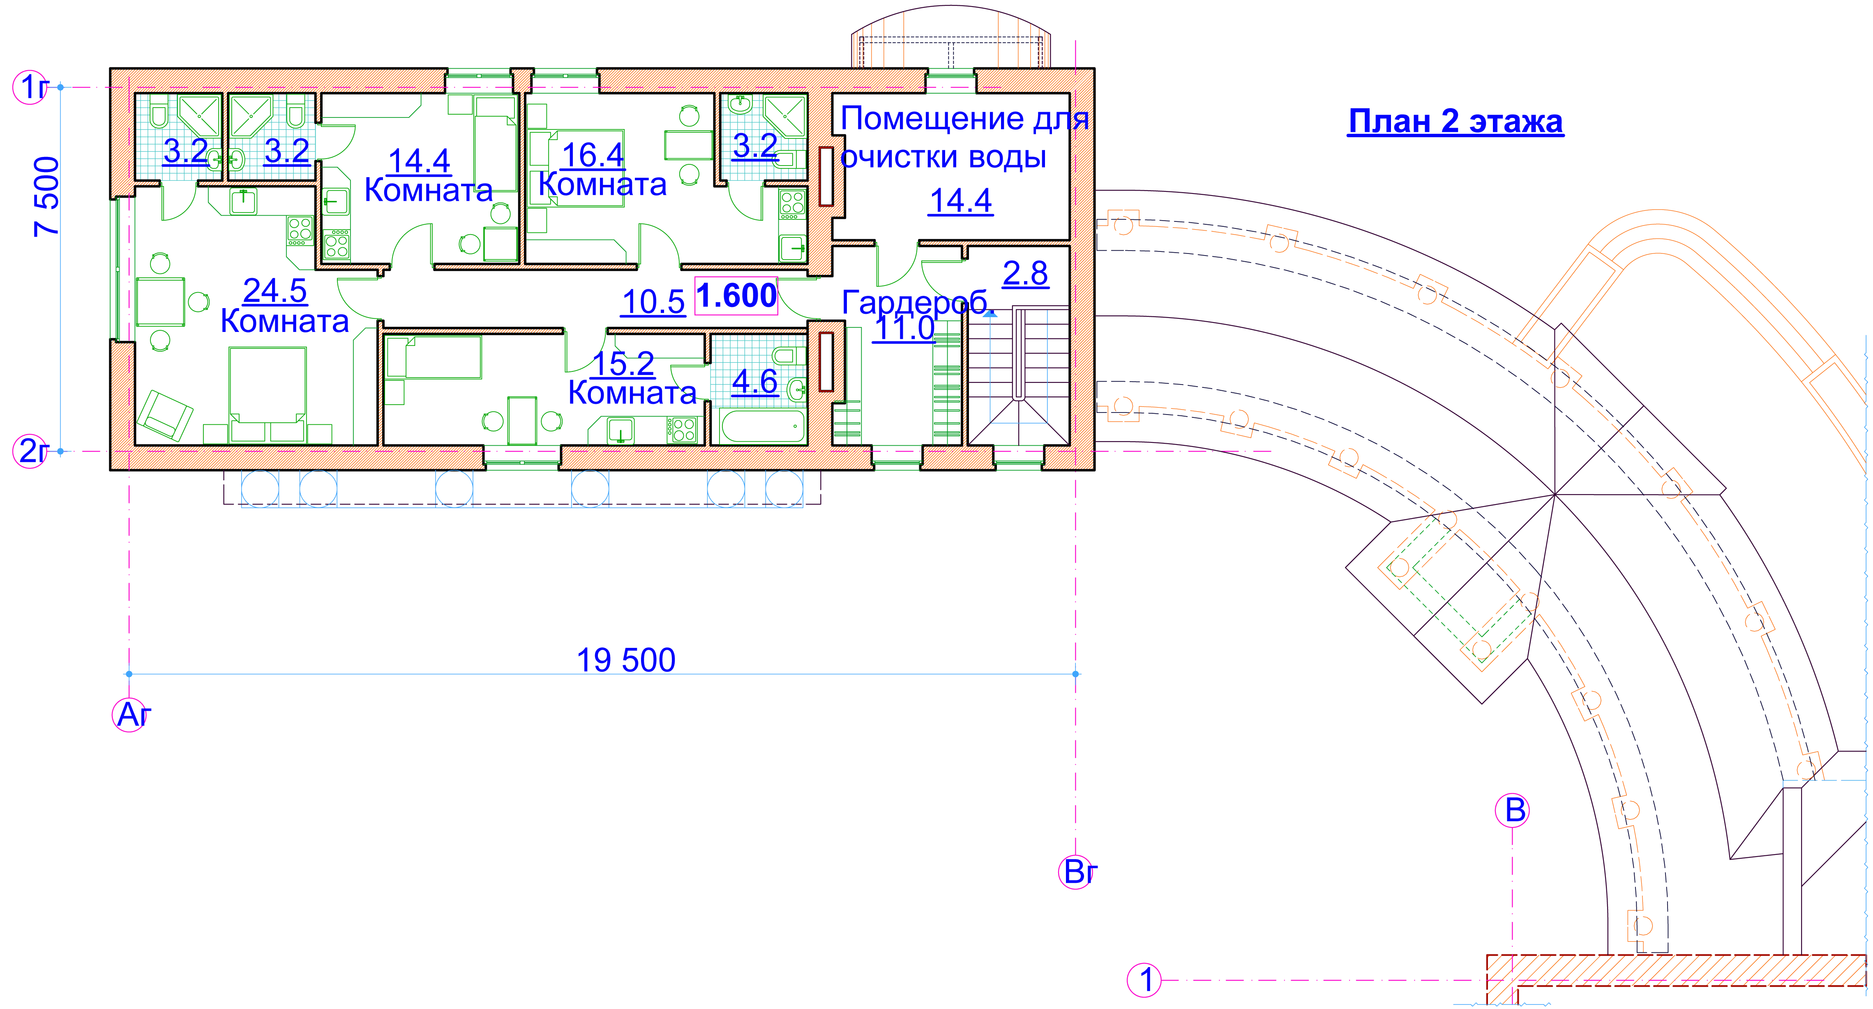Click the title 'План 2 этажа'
pos(1455,121)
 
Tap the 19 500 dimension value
pos(626,660)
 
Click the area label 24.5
pos(275,291)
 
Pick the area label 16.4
pos(593,155)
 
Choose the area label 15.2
pos(624,364)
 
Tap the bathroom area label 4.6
pos(755,382)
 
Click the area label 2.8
pos(1025,273)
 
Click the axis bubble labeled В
pos(1512,811)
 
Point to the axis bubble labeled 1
pos(1144,980)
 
